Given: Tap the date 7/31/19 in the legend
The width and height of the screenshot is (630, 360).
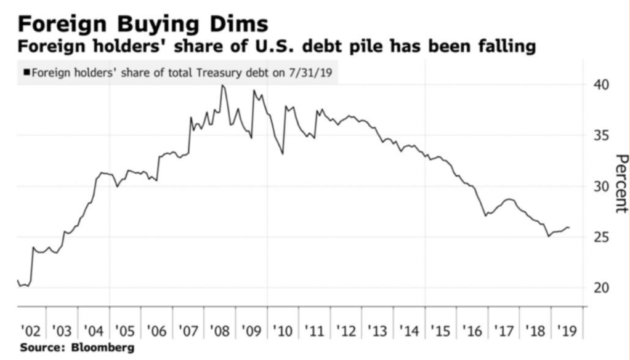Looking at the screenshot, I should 314,73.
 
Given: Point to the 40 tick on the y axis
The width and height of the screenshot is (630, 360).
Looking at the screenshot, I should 601,84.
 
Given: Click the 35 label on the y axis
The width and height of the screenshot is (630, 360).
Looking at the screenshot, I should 601,135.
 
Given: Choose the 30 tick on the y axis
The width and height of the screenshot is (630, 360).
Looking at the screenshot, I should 601,186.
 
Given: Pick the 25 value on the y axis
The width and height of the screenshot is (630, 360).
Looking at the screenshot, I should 601,238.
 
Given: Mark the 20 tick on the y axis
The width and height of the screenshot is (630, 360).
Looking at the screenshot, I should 601,288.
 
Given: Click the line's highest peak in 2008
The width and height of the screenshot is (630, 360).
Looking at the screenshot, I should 222,85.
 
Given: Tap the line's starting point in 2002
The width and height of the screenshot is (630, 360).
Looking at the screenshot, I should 17,281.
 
